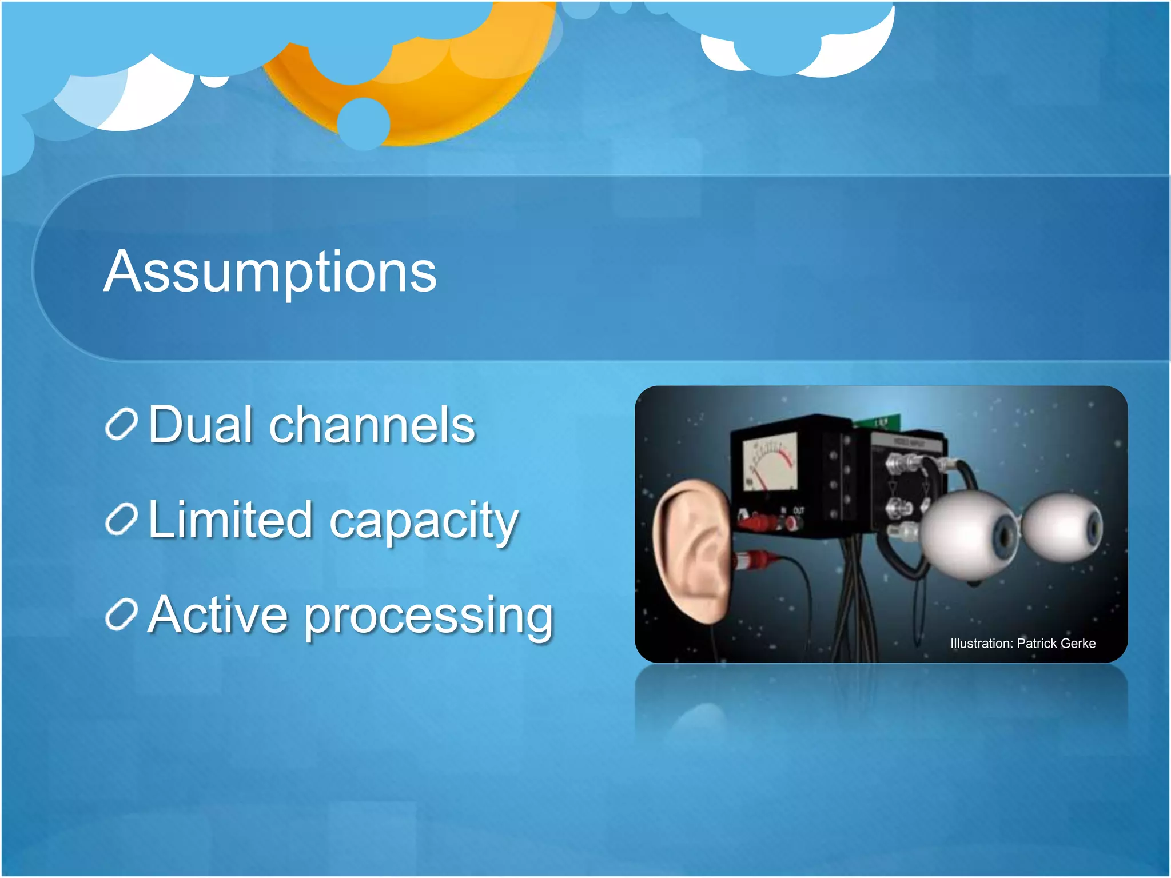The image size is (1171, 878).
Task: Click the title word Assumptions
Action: click(270, 272)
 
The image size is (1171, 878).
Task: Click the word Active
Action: click(217, 615)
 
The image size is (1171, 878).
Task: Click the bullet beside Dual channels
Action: click(121, 425)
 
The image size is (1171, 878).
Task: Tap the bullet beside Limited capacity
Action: click(121, 520)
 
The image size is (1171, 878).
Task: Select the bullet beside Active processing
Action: click(121, 615)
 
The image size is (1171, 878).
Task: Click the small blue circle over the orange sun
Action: click(364, 124)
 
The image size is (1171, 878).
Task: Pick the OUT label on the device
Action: click(799, 510)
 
